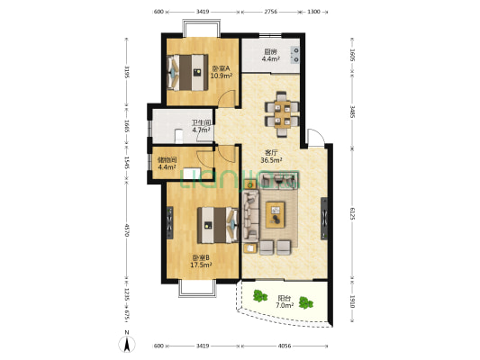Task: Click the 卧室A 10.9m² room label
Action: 221,72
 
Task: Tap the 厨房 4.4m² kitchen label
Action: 271,55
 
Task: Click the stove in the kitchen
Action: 296,50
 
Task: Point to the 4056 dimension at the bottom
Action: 285,346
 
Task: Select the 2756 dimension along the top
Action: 270,12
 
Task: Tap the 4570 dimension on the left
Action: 128,230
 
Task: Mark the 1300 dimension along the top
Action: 313,12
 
